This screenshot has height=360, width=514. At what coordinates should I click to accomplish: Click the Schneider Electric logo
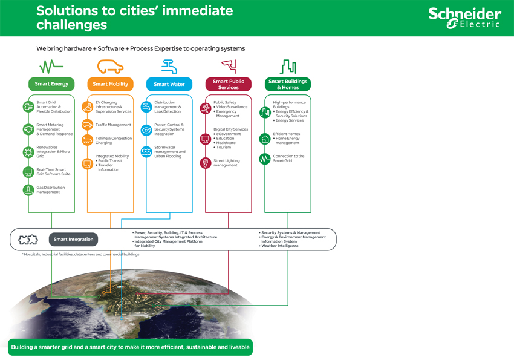point(464,18)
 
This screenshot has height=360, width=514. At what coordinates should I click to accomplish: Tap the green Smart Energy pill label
point(51,84)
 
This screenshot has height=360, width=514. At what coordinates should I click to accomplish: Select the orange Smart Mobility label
point(110,84)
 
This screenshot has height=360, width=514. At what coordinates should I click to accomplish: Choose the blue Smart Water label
point(169,84)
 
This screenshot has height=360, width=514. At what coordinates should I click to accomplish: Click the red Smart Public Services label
point(229,84)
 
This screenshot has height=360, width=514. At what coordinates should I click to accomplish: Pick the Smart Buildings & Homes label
point(288,84)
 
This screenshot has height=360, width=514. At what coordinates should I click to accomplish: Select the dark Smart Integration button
point(73,240)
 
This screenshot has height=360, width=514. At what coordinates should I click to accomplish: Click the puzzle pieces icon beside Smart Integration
point(28,240)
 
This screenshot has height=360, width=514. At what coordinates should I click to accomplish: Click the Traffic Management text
point(113,125)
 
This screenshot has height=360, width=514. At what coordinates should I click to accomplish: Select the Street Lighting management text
point(226,163)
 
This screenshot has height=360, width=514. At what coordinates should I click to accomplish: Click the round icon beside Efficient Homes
point(265,139)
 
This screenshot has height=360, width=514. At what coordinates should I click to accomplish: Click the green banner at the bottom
point(129,347)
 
